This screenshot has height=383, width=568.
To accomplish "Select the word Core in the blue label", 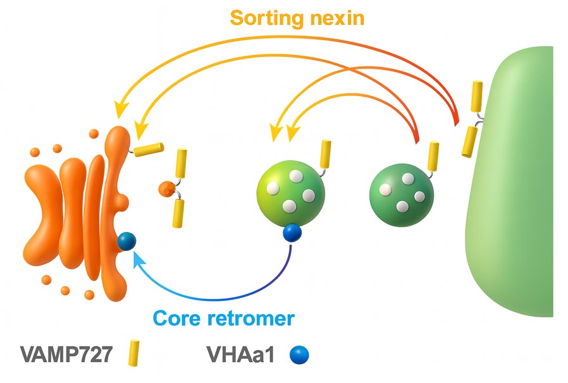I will [x=177, y=317].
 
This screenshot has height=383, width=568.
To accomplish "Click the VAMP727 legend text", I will [x=65, y=353].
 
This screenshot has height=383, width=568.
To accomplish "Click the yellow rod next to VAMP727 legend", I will [x=134, y=353].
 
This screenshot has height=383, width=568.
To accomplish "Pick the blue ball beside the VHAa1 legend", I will [x=299, y=354].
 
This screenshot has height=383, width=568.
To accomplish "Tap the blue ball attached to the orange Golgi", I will [x=127, y=241].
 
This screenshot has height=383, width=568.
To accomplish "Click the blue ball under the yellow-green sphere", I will [x=292, y=233].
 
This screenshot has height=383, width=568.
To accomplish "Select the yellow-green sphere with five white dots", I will [x=290, y=193].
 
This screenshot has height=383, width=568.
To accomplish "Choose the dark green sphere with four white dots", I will [x=401, y=195].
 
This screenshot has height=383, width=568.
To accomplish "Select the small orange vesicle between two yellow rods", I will [x=166, y=188].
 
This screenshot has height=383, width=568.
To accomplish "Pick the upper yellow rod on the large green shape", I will [x=476, y=96].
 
